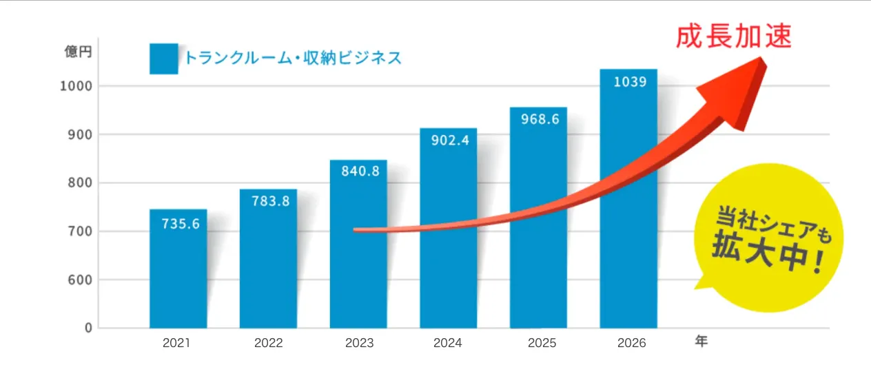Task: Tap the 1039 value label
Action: [x=628, y=82]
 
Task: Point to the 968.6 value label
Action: [x=538, y=119]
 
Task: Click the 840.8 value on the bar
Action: [x=358, y=171]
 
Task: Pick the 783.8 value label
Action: [x=268, y=201]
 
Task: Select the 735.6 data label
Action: [x=178, y=223]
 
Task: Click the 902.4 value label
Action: [x=448, y=141]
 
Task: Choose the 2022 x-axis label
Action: [x=268, y=343]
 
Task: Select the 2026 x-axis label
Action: [x=628, y=343]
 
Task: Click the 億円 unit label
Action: [x=77, y=52]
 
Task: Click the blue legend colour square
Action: [x=163, y=59]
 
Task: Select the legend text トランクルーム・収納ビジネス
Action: [x=292, y=58]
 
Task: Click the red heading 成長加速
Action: [x=732, y=36]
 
